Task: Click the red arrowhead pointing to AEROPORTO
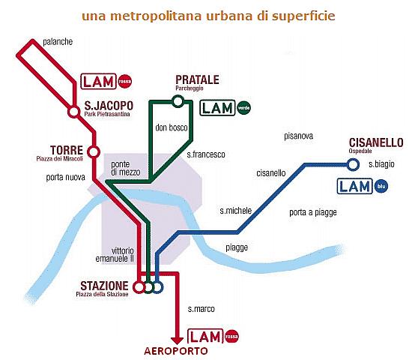click(177, 340)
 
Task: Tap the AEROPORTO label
click(176, 351)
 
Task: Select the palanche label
click(58, 42)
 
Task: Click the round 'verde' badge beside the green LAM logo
click(243, 108)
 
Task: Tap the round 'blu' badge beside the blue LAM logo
click(381, 186)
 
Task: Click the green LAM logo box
click(217, 107)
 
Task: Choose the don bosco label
click(172, 127)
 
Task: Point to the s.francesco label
click(206, 154)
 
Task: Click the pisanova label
click(298, 136)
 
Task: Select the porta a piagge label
click(313, 212)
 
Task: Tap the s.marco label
click(201, 309)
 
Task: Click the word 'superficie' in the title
click(303, 16)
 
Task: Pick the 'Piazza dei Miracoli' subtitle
click(59, 159)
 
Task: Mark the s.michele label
click(236, 211)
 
